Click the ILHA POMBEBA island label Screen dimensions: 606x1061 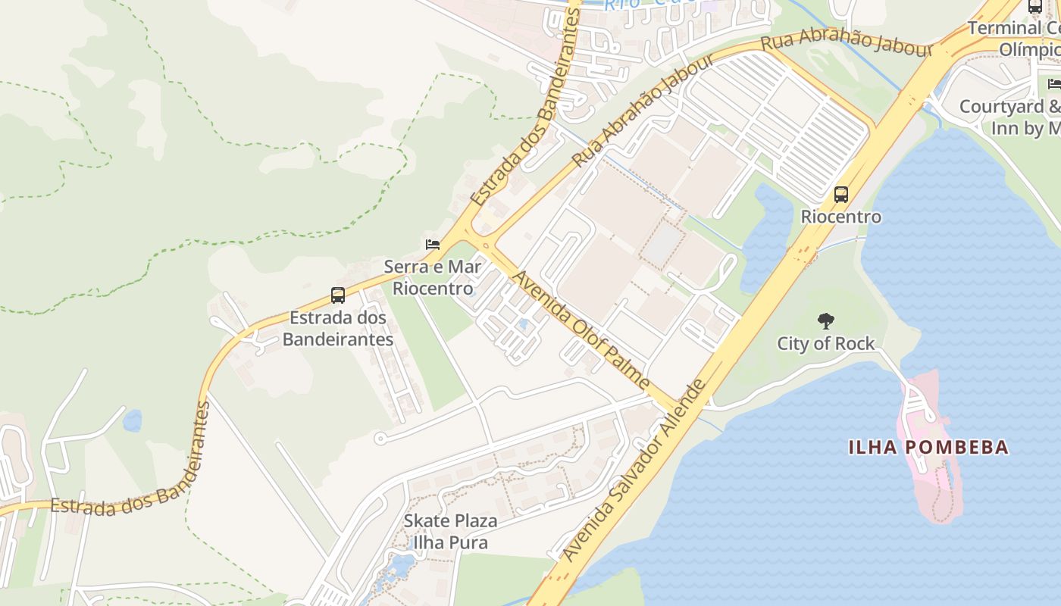928,447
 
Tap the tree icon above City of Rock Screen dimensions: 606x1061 825,321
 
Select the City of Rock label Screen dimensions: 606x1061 825,344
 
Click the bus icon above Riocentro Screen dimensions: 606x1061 841,195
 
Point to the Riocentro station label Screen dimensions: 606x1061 841,217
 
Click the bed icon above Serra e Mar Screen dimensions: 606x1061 433,244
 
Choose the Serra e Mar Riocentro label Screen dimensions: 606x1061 433,277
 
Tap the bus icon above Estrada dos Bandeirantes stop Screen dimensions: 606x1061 338,295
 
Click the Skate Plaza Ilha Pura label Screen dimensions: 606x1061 450,532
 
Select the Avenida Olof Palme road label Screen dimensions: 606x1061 581,330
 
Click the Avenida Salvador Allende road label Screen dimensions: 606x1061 635,470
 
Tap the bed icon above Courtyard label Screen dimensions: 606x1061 1054,83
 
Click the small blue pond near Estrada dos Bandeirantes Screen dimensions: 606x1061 133,420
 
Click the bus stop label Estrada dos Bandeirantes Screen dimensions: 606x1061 338,328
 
